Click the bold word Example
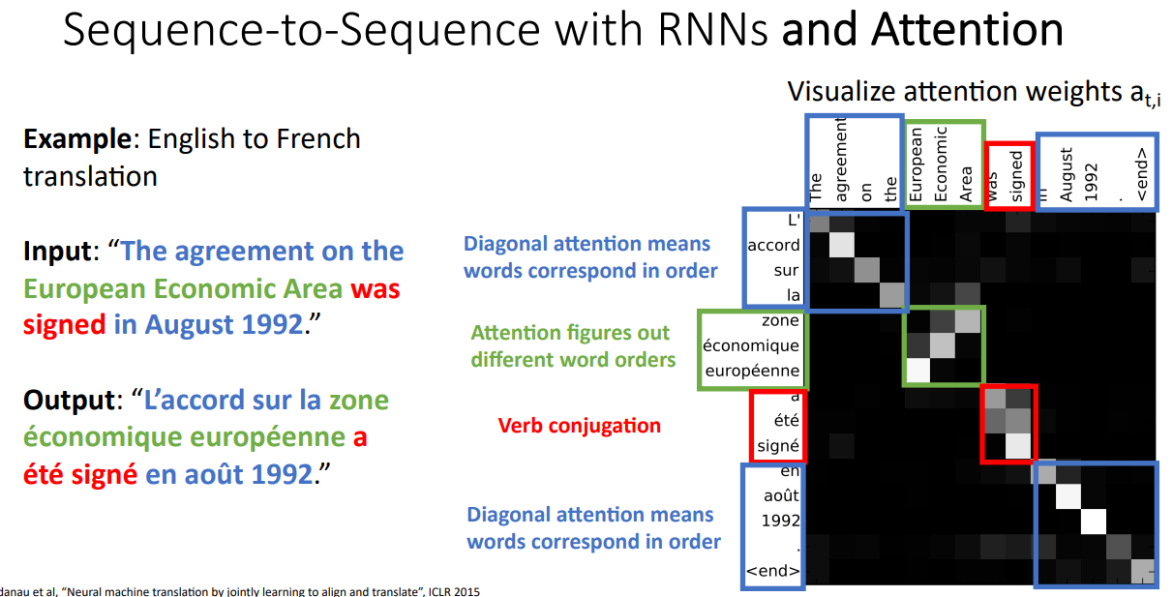tap(76, 138)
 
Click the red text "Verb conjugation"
tap(580, 425)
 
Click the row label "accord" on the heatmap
tap(773, 245)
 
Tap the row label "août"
tap(782, 496)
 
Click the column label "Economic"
tap(941, 164)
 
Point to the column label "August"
tap(1067, 174)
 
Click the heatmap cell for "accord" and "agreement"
tap(841, 245)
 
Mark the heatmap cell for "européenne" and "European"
tap(916, 371)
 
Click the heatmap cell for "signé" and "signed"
tap(1016, 446)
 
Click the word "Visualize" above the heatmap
tap(841, 92)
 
